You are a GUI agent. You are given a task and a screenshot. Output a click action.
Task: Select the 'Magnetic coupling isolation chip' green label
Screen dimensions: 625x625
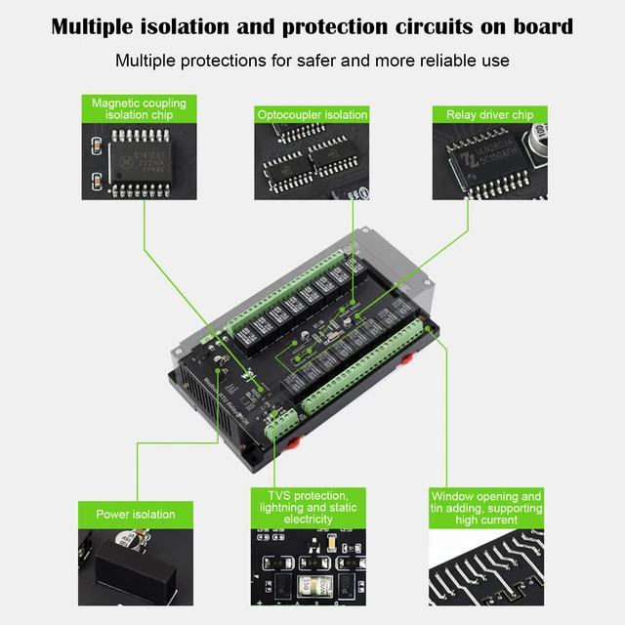[139, 108]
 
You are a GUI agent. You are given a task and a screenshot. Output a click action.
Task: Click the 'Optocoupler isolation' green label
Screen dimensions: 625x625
[312, 115]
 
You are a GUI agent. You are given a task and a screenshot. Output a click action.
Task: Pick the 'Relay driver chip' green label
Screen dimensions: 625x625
[489, 115]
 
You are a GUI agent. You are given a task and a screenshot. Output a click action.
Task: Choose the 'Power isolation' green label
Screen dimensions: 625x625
[136, 515]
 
